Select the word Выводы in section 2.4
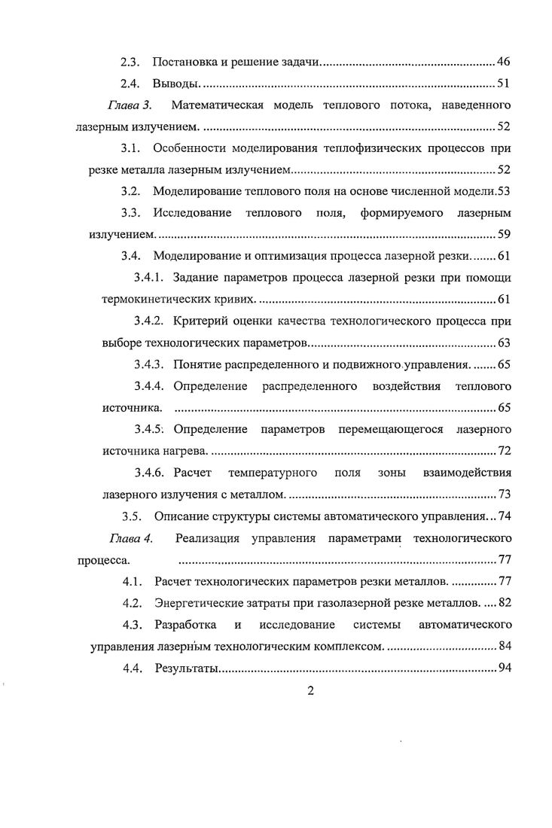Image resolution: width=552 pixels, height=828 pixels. (175, 83)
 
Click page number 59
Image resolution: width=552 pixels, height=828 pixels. (505, 235)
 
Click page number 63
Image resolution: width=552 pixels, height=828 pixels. (505, 344)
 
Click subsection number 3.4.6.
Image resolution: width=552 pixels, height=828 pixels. (151, 473)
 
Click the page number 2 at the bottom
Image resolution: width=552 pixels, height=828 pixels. (310, 693)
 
